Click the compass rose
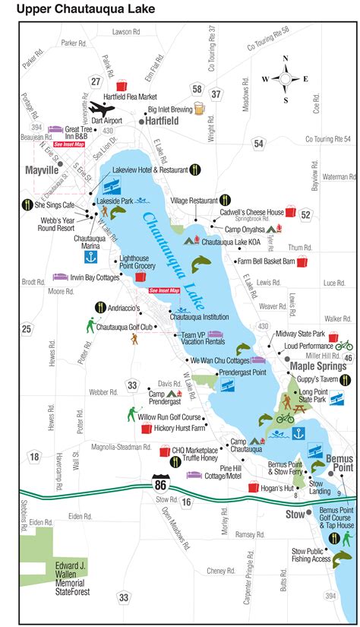(285, 78)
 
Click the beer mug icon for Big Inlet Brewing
(198, 109)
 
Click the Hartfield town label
(163, 120)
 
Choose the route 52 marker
(305, 215)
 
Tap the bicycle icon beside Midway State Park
(344, 344)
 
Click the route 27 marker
(96, 82)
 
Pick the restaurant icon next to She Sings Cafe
(27, 204)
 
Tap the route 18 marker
(34, 456)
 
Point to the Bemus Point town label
(339, 464)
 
